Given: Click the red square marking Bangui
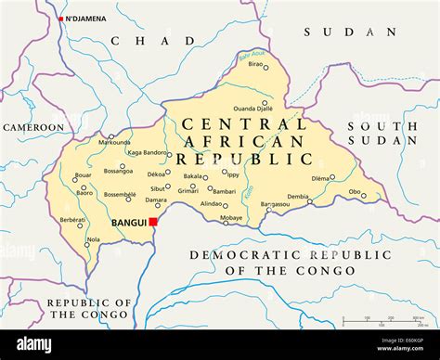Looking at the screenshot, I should (153, 223).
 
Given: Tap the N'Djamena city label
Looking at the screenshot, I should (85, 19).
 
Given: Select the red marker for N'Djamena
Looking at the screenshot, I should (61, 19).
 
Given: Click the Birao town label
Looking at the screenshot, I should (255, 90).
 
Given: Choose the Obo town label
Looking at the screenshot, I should (355, 193).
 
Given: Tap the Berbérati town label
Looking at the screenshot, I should (72, 219).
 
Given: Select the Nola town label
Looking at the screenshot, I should (94, 240).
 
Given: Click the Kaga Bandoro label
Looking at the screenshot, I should (148, 152).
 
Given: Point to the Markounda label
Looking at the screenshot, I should (114, 143).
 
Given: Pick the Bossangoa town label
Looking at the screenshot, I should (118, 171).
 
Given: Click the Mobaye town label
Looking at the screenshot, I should (231, 218).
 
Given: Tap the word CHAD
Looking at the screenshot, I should (153, 41).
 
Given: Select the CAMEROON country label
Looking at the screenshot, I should (33, 127).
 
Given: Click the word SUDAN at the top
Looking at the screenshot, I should (337, 32).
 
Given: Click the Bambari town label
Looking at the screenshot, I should (224, 190).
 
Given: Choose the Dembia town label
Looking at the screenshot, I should (298, 197).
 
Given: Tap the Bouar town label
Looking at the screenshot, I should (84, 174).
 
